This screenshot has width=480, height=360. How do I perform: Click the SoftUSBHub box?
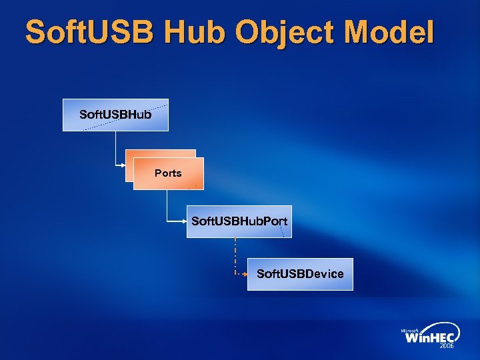[x=115, y=115]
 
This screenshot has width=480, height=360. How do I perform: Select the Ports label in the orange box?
[x=168, y=173]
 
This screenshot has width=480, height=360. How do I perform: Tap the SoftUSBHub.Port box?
[x=239, y=221]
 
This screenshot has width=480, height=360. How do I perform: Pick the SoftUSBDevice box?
[x=300, y=274]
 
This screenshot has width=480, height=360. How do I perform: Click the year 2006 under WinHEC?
[x=446, y=347]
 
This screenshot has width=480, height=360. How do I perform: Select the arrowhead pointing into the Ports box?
[x=129, y=165]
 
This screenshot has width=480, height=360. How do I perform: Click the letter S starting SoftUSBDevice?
[x=260, y=274]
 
